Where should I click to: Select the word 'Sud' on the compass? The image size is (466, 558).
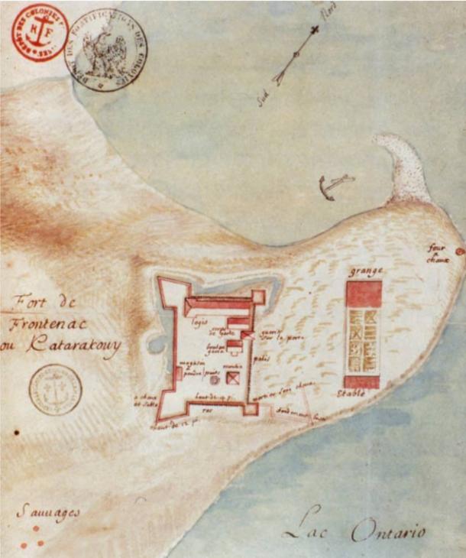click(265, 98)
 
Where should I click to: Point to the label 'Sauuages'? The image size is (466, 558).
click(47, 513)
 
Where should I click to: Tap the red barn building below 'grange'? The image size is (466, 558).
click(364, 294)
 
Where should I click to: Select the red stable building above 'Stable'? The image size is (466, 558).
click(363, 381)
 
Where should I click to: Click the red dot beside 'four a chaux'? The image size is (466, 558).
click(458, 251)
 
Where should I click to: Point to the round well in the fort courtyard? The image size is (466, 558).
click(215, 378)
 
